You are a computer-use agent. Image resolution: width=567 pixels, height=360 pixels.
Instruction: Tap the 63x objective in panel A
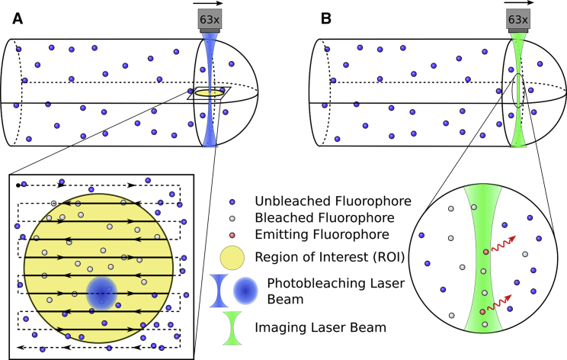(207, 19)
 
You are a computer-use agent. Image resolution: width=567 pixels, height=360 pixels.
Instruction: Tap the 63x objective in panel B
(517, 19)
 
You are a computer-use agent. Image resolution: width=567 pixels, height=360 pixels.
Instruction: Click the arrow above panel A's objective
(207, 4)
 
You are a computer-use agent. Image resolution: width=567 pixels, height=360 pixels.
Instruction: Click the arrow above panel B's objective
(516, 4)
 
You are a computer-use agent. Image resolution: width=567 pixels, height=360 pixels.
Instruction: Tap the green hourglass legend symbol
(236, 328)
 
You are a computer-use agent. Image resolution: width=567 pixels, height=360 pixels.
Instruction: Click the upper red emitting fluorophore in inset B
(484, 252)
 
